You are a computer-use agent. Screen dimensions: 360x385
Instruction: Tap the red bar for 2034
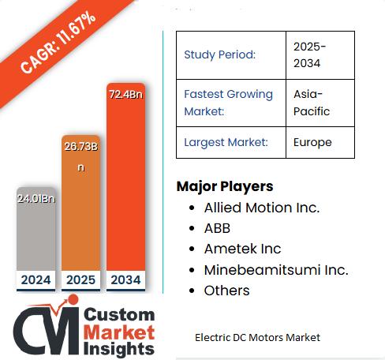click(x=125, y=189)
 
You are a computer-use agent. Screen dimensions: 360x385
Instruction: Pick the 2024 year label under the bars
click(x=36, y=279)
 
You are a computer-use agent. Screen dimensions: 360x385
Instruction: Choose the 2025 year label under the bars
click(x=80, y=279)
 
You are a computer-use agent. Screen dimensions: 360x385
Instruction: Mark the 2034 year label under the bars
click(x=125, y=279)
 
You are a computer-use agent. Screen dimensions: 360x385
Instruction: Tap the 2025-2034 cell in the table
click(x=309, y=54)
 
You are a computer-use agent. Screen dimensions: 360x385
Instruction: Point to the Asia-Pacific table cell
click(x=312, y=102)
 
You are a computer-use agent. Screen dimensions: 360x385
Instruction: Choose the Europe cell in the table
click(x=312, y=142)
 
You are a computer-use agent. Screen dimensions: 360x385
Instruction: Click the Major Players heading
click(x=225, y=186)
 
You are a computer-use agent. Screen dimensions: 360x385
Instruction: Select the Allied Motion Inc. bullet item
click(x=261, y=208)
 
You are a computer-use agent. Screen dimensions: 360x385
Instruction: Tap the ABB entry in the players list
click(x=218, y=228)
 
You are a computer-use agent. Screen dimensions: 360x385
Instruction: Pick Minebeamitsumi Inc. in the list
click(x=275, y=269)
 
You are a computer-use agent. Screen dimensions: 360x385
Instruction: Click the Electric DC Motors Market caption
click(x=257, y=337)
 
